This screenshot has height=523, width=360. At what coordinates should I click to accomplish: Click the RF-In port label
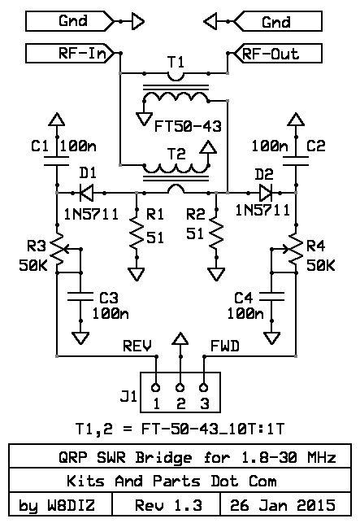click(x=70, y=53)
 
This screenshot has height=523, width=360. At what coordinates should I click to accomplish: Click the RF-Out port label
click(x=279, y=53)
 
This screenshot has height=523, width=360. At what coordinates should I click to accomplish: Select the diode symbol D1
click(x=87, y=193)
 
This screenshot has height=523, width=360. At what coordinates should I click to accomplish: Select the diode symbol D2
click(x=266, y=193)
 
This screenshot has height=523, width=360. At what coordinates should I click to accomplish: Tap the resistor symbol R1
click(x=137, y=233)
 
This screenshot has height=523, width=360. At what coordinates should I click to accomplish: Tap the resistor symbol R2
click(x=216, y=233)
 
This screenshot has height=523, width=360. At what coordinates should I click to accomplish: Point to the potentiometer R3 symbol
click(x=60, y=250)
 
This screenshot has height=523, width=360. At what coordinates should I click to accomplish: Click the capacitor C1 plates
click(x=57, y=161)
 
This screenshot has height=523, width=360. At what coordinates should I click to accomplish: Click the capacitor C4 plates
click(x=271, y=297)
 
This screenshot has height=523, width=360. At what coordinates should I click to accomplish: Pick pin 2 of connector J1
click(x=180, y=388)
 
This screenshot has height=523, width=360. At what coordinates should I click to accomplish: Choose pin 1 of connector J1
click(x=156, y=388)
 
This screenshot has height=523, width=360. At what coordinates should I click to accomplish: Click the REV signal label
click(x=137, y=346)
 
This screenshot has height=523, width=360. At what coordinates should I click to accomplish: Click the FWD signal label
click(x=225, y=346)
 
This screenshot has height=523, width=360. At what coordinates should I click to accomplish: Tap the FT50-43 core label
click(x=188, y=126)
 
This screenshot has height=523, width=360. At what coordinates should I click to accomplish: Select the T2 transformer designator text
click(x=176, y=154)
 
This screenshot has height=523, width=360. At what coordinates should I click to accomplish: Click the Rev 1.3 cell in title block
click(x=168, y=505)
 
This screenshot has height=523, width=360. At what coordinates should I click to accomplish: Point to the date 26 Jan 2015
click(x=283, y=505)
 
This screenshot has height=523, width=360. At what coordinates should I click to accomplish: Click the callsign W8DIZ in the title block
click(x=72, y=505)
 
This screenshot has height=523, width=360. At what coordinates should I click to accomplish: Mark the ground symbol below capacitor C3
click(x=80, y=338)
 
